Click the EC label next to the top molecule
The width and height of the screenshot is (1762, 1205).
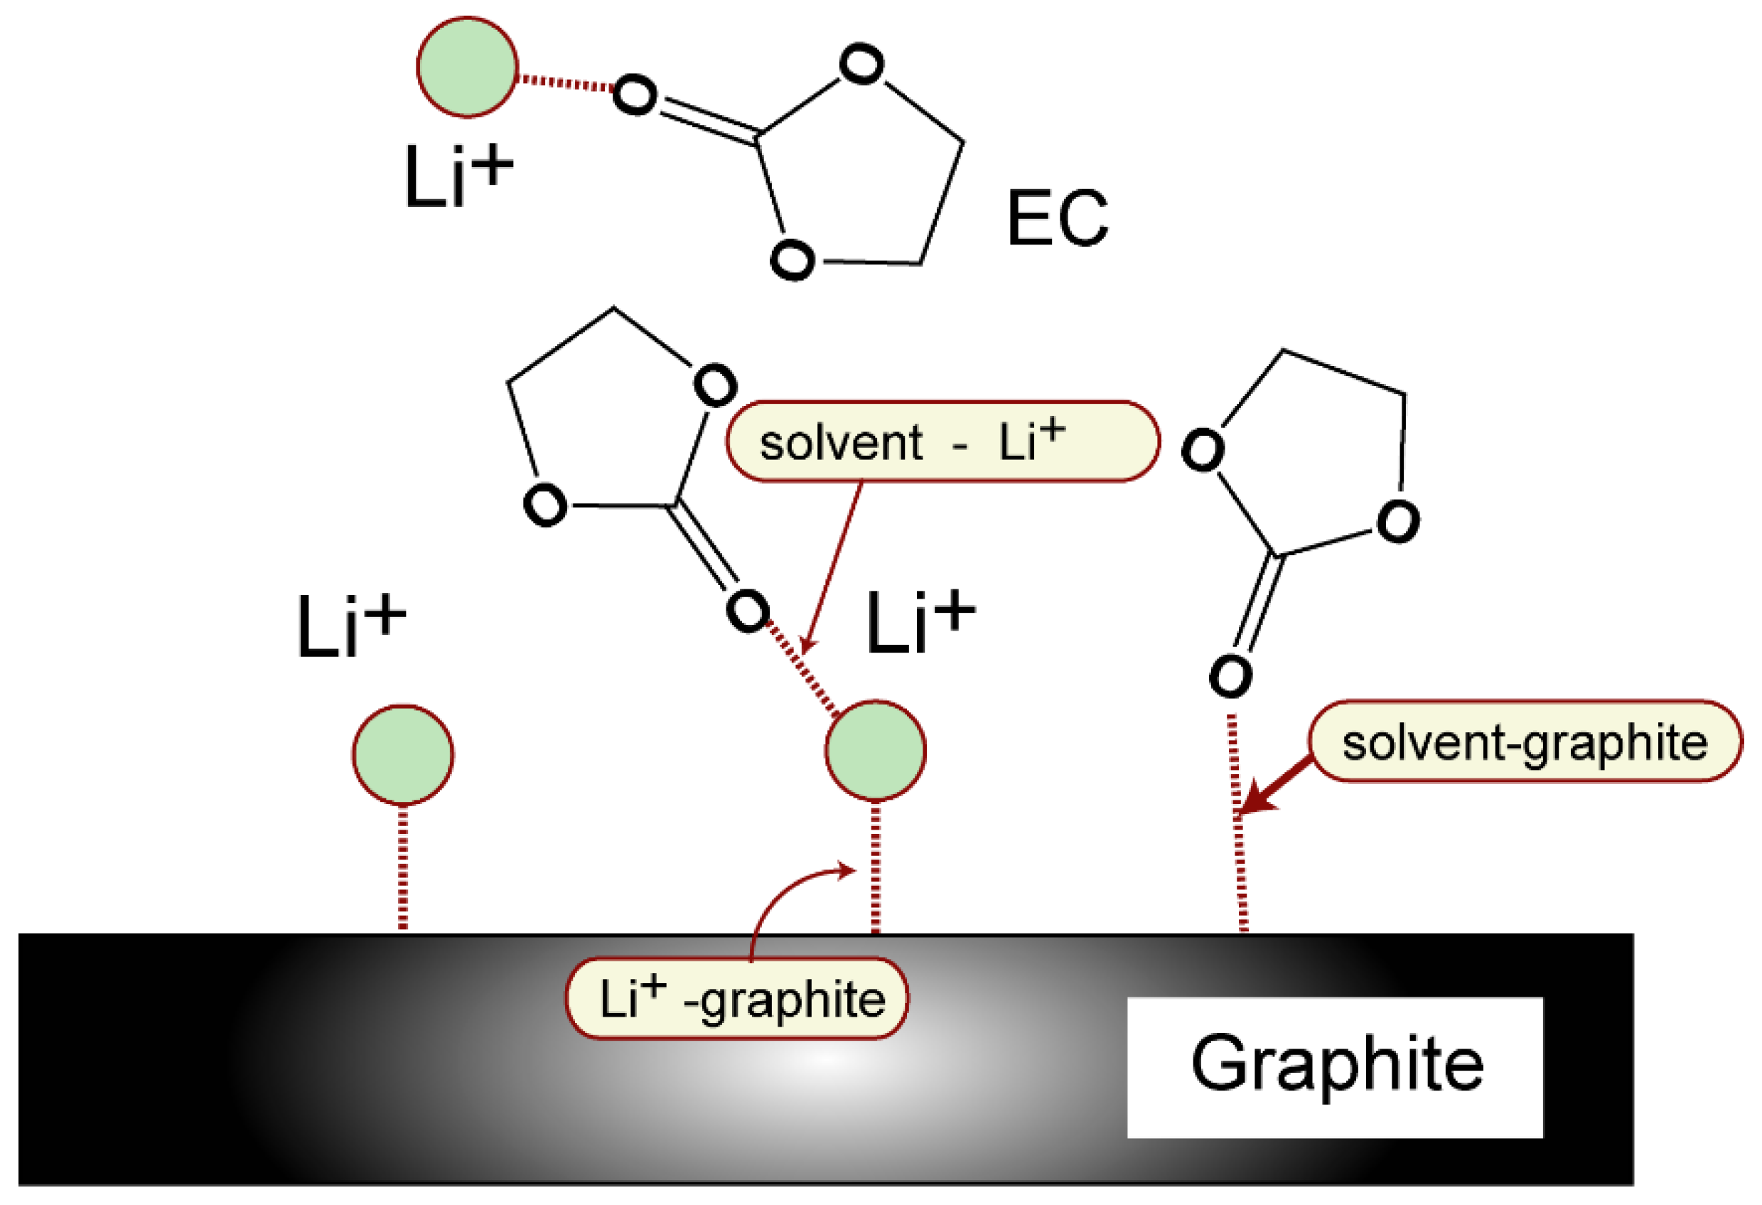pos(1057,218)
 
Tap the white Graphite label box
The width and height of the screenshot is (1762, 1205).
pos(1334,1067)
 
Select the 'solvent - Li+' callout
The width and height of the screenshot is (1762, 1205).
pos(942,441)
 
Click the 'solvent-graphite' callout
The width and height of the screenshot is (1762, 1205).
pos(1525,741)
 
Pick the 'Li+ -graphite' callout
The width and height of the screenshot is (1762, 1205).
pos(737,998)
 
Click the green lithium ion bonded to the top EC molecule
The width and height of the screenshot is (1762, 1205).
pos(467,67)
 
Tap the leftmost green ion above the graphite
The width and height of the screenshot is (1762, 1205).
pos(402,754)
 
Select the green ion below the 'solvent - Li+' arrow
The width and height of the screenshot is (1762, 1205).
pos(875,750)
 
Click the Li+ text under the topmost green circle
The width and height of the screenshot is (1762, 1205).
pos(457,175)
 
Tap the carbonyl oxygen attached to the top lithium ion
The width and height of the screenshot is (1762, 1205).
pos(634,95)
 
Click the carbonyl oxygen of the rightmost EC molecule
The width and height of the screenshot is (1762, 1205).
pos(1230,675)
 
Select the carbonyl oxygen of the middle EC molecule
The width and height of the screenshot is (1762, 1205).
pos(747,610)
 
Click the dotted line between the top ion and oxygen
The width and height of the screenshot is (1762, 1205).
pos(566,82)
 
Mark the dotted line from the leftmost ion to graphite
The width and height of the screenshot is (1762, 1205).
pos(402,867)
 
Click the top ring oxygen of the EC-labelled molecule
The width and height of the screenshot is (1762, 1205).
pos(861,64)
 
